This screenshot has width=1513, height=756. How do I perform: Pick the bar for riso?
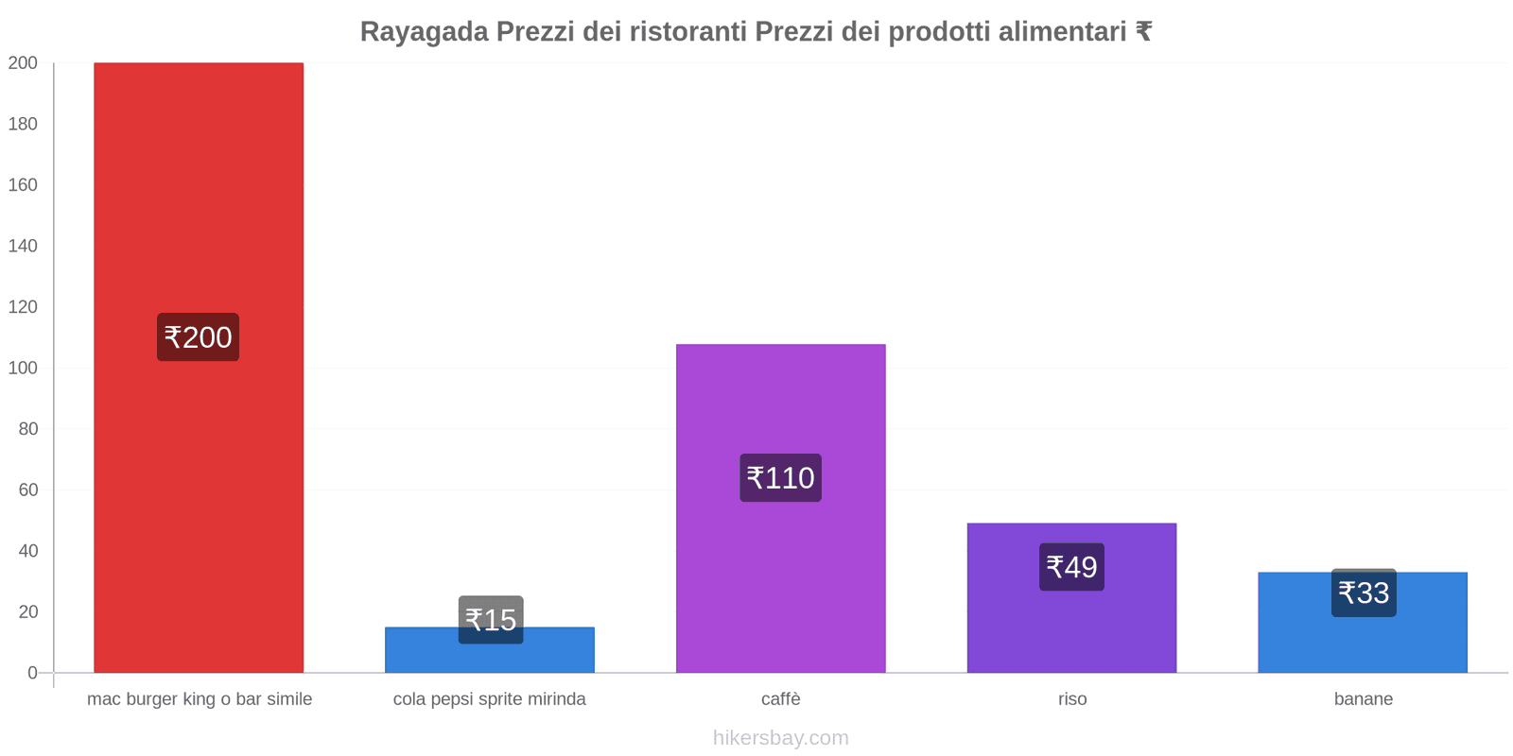(x=1071, y=624)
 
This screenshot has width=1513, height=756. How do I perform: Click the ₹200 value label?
(x=198, y=337)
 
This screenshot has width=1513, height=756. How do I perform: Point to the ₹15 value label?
(x=491, y=620)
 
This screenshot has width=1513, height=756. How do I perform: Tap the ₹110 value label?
(x=780, y=478)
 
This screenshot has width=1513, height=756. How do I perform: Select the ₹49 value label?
(x=1071, y=567)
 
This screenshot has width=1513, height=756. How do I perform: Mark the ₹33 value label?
(x=1364, y=593)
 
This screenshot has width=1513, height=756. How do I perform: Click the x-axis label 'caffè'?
(x=780, y=699)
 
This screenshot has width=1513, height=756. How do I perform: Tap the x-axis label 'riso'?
(x=1072, y=699)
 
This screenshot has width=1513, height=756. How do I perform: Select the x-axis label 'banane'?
(x=1363, y=699)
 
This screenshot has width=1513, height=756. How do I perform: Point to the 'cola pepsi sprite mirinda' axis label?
(x=489, y=699)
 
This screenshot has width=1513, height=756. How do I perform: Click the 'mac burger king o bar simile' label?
(x=200, y=699)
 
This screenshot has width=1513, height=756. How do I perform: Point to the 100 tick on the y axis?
(x=23, y=368)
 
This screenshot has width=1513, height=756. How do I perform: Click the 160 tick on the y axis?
(x=23, y=185)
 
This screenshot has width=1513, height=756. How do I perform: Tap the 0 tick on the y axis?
(x=32, y=673)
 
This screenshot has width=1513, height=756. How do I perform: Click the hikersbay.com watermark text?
(x=780, y=738)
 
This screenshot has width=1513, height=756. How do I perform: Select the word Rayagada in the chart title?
(x=424, y=32)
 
